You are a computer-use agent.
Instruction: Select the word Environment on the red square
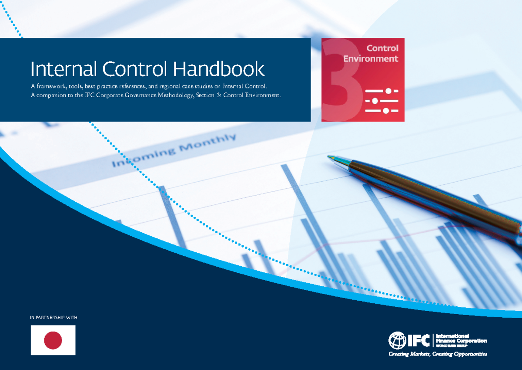[x=371, y=58]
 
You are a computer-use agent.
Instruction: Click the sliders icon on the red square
[x=381, y=100]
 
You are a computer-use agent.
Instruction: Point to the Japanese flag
[x=53, y=340]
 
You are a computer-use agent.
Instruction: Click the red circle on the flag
[x=53, y=340]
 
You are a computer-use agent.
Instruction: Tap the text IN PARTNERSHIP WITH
[x=54, y=318]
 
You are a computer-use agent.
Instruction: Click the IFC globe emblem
[x=397, y=340]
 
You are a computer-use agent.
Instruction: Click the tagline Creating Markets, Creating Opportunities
[x=438, y=354]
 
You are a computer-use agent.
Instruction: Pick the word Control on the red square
[x=382, y=48]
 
